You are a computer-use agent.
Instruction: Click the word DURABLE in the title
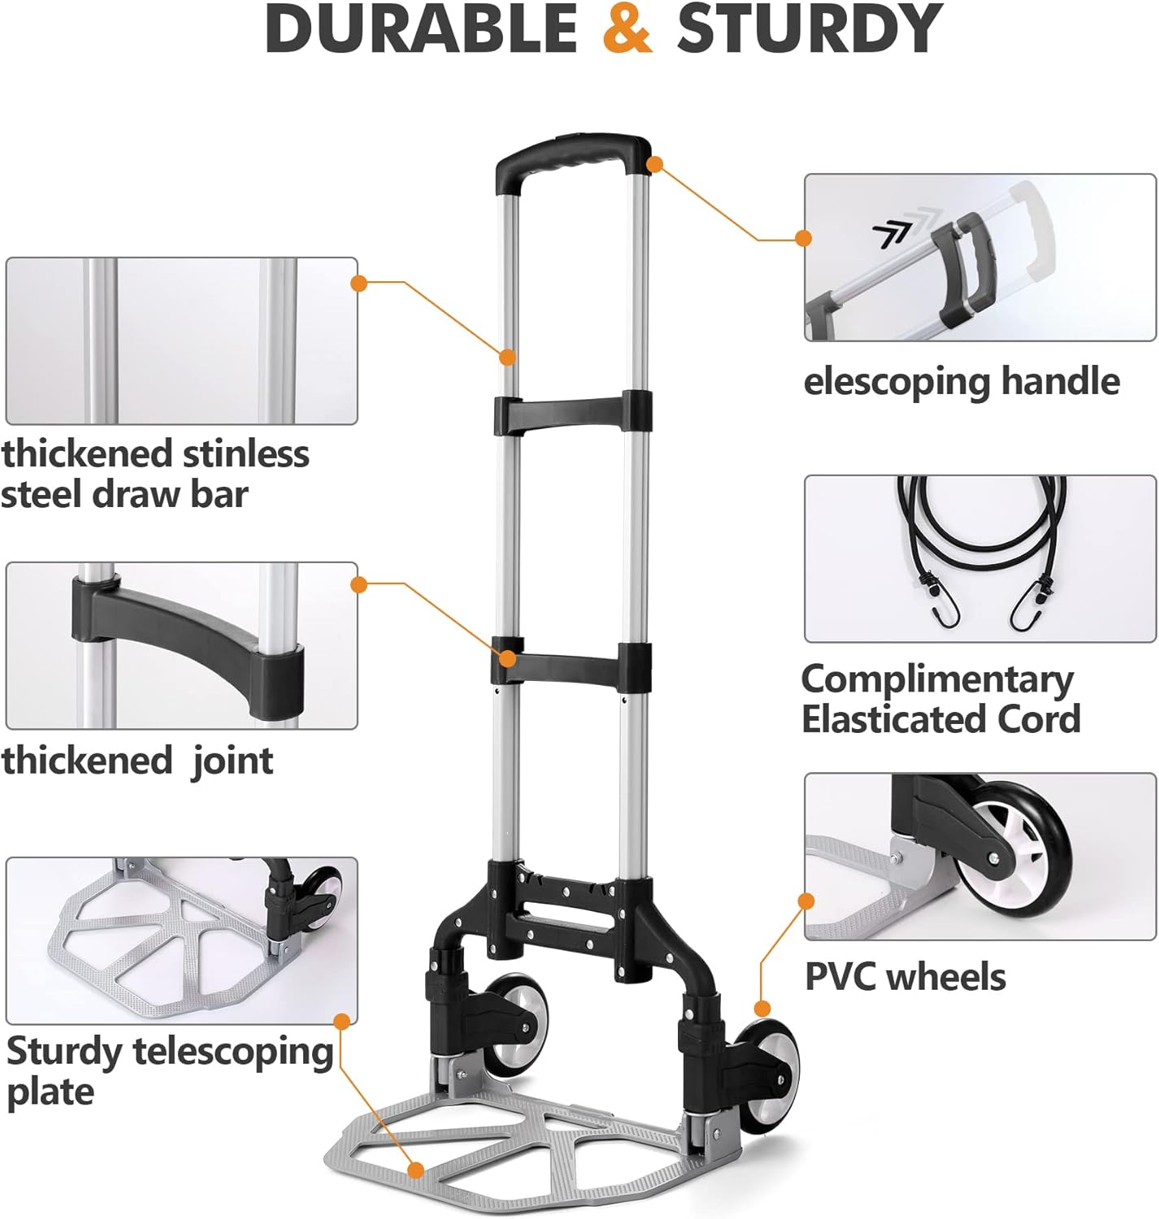(420, 29)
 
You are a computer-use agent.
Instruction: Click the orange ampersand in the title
(627, 29)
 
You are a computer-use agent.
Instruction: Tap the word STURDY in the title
(810, 29)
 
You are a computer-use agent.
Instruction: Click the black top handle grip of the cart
(573, 154)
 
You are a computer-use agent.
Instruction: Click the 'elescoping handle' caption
(961, 381)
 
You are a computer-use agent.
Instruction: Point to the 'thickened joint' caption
(137, 761)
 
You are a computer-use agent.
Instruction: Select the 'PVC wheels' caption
(905, 977)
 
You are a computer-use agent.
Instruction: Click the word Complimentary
(937, 679)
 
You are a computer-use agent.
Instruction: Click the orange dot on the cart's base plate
(416, 1170)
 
